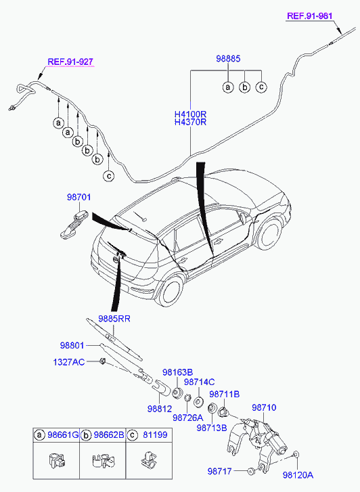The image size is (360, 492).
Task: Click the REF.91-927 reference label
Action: (x=70, y=62)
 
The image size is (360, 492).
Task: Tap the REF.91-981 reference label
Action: (x=310, y=16)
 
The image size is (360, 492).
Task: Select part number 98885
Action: (x=228, y=58)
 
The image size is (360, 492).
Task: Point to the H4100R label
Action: (x=191, y=114)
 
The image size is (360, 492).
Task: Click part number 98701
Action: (x=78, y=197)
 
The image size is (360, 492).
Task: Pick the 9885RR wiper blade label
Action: (x=114, y=319)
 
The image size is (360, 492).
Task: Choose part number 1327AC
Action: (x=69, y=362)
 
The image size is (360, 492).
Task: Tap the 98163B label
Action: (x=178, y=372)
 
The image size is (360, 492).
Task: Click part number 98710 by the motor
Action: (x=264, y=407)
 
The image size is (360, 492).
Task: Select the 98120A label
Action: (x=298, y=475)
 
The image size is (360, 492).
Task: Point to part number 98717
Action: (x=220, y=471)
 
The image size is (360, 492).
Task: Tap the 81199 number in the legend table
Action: (x=155, y=435)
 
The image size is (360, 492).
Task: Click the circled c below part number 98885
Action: (x=261, y=87)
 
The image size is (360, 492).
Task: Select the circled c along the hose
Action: (x=108, y=176)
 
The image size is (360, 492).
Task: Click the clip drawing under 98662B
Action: (x=103, y=461)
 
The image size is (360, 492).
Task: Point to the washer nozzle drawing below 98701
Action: (x=74, y=225)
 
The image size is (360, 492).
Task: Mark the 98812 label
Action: (x=160, y=409)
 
